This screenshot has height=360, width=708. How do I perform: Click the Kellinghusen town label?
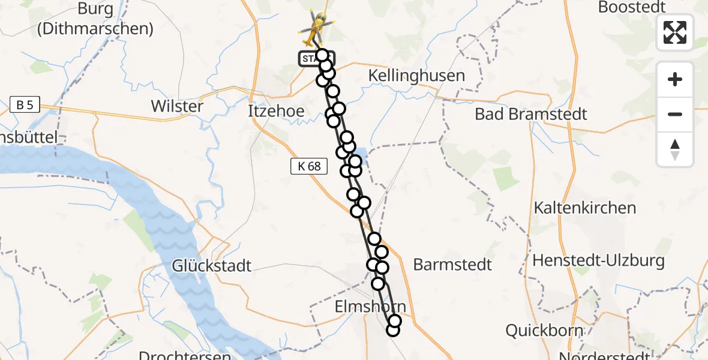[416, 76]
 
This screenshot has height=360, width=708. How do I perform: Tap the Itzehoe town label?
[276, 111]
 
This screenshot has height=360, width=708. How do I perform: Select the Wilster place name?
[177, 106]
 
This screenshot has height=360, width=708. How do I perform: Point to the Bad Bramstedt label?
[531, 114]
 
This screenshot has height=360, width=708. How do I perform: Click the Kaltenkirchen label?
[577, 208]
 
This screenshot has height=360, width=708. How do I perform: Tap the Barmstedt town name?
[452, 265]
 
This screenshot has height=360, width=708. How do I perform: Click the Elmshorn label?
[370, 307]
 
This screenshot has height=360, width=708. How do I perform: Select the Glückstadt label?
[212, 265]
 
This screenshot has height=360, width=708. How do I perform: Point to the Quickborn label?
[544, 330]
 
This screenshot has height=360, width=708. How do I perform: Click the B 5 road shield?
[25, 106]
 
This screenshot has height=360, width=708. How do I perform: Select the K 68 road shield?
[309, 166]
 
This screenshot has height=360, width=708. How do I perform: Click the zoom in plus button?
[675, 79]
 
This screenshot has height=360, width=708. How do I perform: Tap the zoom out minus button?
[675, 114]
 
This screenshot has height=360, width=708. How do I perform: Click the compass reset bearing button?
[675, 149]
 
